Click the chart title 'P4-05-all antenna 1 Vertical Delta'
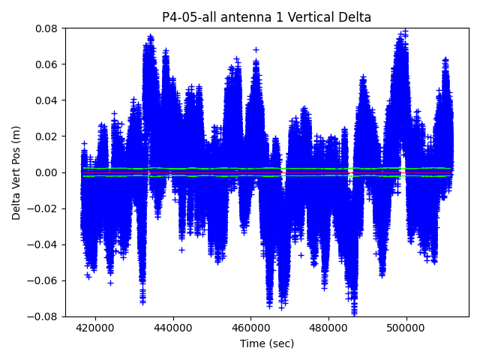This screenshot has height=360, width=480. (267, 17)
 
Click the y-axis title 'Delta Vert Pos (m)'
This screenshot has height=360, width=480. (16, 172)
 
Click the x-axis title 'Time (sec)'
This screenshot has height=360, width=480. (267, 343)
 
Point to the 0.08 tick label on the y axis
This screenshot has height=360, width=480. (47, 28)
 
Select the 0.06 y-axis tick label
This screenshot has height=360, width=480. (47, 64)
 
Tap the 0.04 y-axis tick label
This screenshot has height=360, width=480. (47, 100)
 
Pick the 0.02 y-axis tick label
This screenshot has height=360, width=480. (47, 136)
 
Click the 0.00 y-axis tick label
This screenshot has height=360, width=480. (47, 172)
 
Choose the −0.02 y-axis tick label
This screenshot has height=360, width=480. (44, 208)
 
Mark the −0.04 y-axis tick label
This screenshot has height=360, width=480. (44, 244)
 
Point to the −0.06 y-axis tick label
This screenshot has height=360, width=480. (44, 280)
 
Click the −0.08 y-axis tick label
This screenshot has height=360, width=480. (44, 316)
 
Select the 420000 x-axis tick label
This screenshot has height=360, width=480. (95, 328)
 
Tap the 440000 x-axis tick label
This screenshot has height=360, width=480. (173, 328)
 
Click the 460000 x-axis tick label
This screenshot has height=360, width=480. (251, 328)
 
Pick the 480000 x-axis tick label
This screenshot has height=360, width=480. (329, 328)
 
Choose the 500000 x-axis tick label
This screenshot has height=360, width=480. (407, 328)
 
